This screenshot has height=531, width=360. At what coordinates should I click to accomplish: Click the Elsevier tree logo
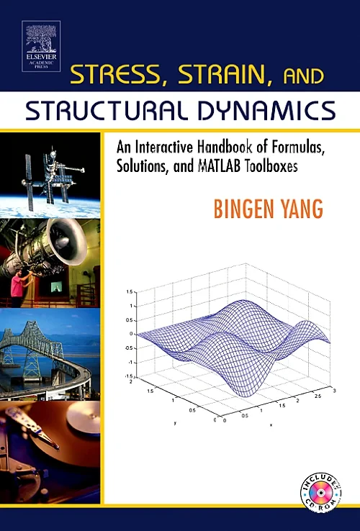click(41, 35)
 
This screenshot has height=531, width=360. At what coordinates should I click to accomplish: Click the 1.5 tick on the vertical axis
click(130, 292)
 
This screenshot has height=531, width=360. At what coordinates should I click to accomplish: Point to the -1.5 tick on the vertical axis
click(129, 376)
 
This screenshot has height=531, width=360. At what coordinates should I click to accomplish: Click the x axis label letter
click(271, 426)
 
